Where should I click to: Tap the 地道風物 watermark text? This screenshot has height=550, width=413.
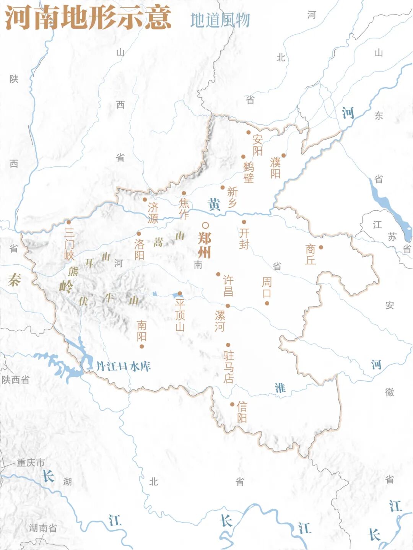tap(220, 20)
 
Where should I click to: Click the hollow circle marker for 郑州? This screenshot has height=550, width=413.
tap(205, 225)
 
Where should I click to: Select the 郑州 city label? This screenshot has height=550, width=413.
tap(205, 245)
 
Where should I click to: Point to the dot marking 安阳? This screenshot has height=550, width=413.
tap(248, 132)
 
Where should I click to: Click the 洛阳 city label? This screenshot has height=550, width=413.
tap(139, 249)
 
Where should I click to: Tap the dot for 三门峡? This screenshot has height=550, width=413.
tap(69, 222)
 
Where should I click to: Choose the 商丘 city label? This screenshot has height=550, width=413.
tap(310, 254)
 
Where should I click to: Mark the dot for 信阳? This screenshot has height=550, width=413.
tap(232, 404)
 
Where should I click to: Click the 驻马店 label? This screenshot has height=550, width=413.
tap(229, 366)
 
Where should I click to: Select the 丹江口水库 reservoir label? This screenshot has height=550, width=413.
tap(123, 366)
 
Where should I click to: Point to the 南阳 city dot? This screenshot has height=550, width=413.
tap(141, 347)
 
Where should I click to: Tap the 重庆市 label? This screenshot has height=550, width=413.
tap(31, 463)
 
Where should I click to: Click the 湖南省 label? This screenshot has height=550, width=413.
tap(43, 528)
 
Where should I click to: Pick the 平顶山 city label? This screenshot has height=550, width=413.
tap(180, 315)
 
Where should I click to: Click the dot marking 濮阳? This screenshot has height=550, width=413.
tap(283, 155)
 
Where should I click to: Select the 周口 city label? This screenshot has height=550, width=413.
tap(267, 288)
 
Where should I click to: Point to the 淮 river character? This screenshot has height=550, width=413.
tap(280, 388)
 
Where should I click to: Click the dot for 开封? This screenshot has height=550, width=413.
tap(244, 222)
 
